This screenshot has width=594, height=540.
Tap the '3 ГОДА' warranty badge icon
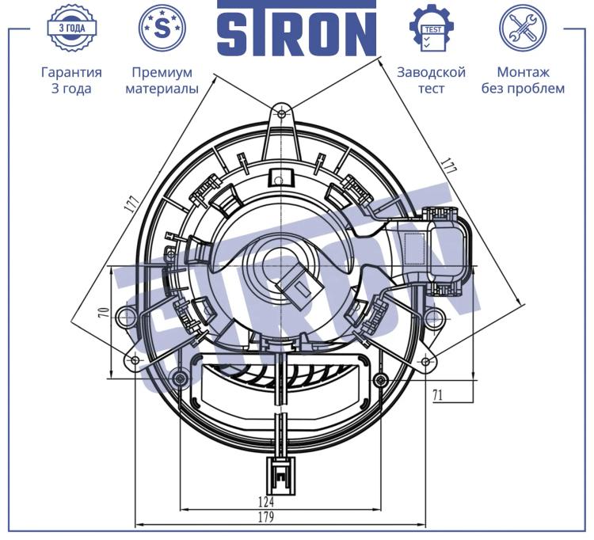71,28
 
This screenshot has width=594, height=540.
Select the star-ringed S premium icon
162,28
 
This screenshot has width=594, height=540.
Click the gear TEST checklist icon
432,28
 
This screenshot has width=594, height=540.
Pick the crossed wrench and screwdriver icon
523,28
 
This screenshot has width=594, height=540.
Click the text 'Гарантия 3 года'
71,80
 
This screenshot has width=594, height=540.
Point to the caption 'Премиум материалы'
162,80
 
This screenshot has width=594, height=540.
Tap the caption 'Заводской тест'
431,80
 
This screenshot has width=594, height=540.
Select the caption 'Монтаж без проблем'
523,80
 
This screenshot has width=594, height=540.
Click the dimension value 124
266,502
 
